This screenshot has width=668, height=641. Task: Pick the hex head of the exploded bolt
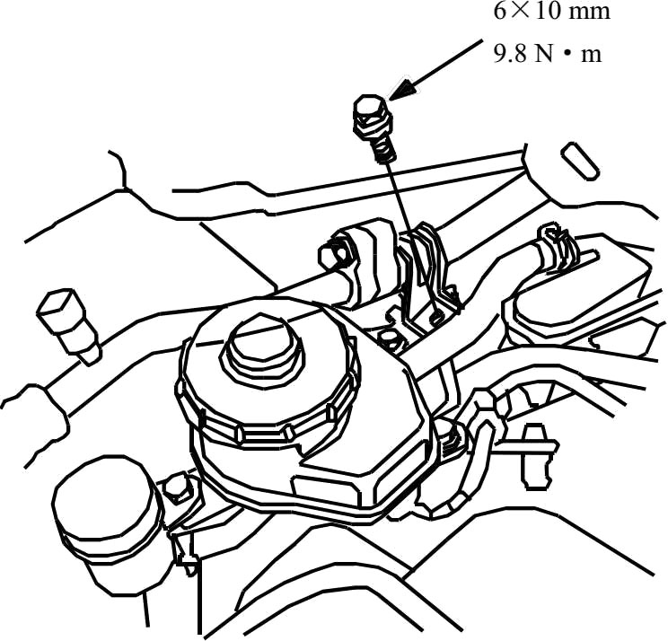pos(367,114)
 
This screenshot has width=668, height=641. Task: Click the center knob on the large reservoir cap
pos(259,347)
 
